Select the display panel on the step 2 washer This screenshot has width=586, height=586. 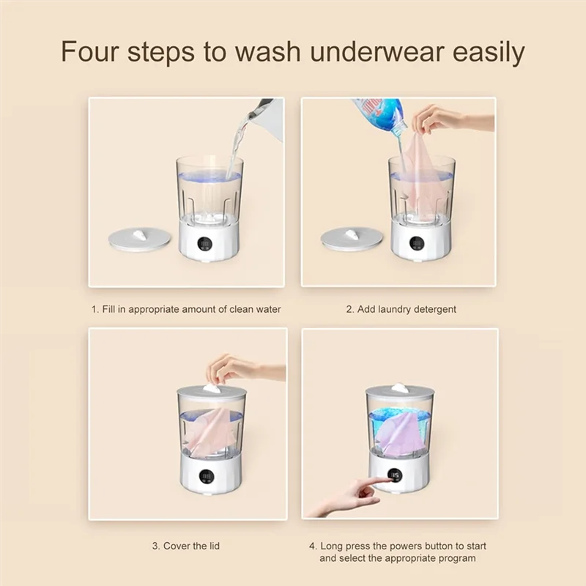click(x=419, y=244)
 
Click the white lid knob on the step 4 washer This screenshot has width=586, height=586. click(x=399, y=387)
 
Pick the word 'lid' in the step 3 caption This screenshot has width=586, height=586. click(x=212, y=546)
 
